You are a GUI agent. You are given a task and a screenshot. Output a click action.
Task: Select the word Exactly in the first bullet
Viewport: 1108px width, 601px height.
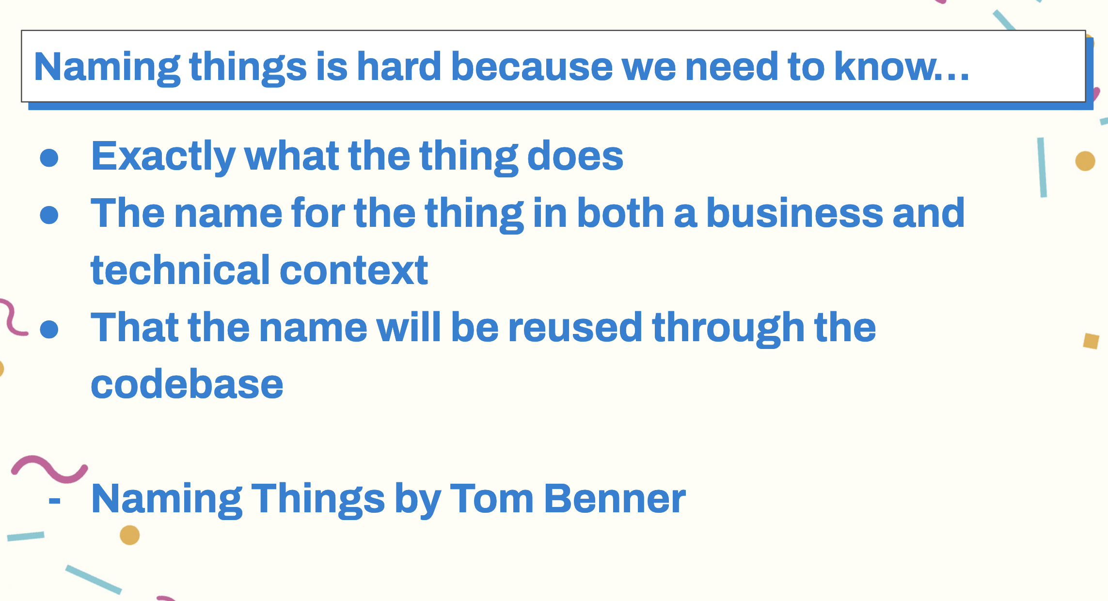[163, 157]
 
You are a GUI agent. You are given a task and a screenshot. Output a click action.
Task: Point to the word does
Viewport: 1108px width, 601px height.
[575, 156]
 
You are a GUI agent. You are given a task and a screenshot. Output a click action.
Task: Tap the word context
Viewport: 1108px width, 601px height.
[354, 270]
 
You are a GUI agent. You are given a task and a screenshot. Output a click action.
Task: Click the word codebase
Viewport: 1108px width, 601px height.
[187, 384]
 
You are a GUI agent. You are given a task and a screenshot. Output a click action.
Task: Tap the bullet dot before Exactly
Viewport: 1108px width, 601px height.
[49, 158]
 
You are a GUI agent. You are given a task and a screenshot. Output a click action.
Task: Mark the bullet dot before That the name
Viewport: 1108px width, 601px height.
[49, 329]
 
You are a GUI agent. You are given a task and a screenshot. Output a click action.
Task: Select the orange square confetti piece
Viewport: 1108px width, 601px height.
[1091, 341]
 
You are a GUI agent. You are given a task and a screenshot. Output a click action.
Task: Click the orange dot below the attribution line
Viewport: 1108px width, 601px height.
[130, 535]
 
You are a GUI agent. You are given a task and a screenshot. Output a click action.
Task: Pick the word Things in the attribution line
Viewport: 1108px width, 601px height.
[318, 500]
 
